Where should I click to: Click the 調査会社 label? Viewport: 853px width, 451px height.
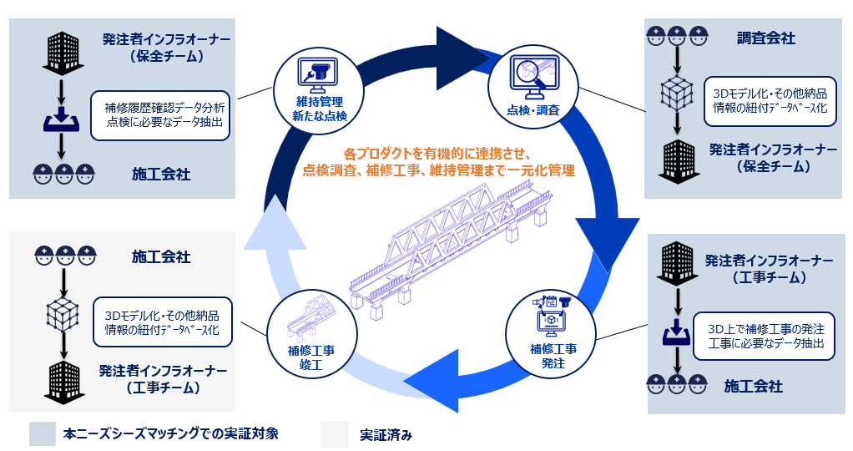(765, 38)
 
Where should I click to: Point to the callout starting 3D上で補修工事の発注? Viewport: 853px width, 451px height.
(765, 336)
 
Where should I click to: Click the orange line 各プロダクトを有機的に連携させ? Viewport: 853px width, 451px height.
(437, 155)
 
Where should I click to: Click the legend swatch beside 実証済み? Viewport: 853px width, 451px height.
(334, 433)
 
